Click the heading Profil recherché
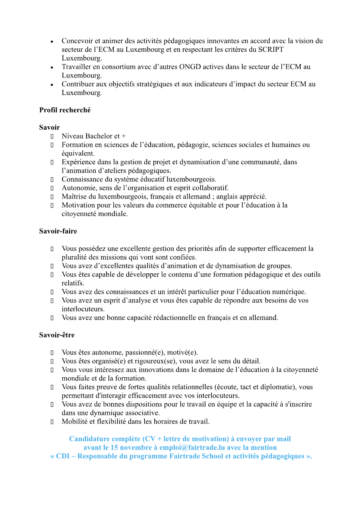(65, 110)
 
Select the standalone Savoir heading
(49, 127)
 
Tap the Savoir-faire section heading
(58, 231)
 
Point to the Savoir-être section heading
(57, 335)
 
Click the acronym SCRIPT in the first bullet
(271, 50)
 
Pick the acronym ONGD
(191, 67)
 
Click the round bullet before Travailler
(52, 67)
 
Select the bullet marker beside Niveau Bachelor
(52, 136)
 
